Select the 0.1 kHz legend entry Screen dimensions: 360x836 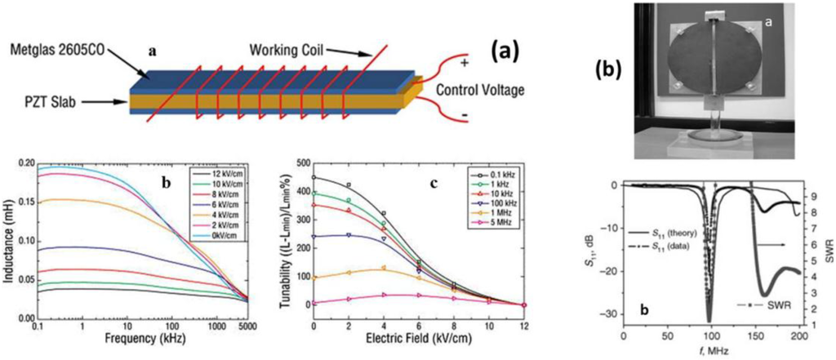pos(498,173)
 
